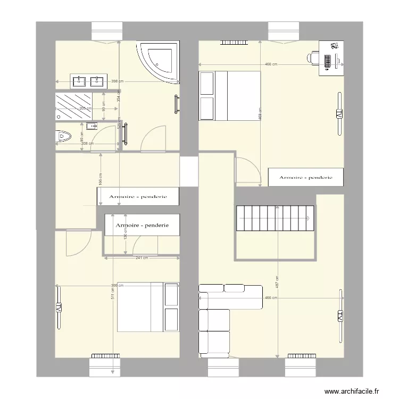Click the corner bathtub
click(160, 62)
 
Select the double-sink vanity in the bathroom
click(88, 81)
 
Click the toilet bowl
click(64, 137)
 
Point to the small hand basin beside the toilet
click(90, 126)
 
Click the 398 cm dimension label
click(118, 81)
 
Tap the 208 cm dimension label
click(88, 144)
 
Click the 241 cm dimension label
click(141, 258)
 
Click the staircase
click(275, 218)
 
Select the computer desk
click(331, 58)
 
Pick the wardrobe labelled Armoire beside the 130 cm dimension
click(143, 225)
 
